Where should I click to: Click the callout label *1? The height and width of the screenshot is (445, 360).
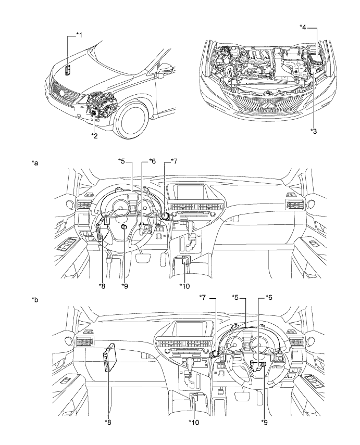pos(79,35)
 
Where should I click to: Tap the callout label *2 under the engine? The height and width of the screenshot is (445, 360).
pos(94,135)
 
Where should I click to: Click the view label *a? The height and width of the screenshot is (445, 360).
pos(35,162)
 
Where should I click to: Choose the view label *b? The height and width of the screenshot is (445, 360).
pos(35,300)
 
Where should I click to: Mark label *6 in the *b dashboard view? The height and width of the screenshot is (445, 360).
pos(269,296)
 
